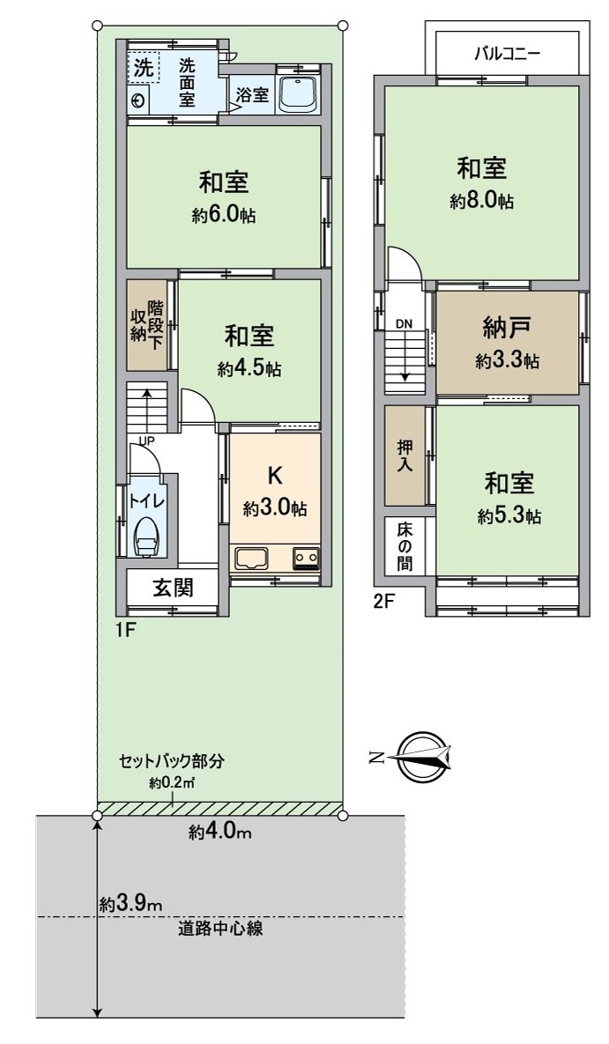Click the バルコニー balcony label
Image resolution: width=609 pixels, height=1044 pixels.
(507, 52)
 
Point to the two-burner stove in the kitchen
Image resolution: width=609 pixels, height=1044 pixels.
(306, 559)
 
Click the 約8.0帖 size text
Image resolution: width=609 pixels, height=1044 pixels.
(481, 201)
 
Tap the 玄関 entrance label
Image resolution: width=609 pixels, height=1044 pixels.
(173, 588)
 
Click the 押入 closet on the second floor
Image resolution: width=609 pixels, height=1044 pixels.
(405, 455)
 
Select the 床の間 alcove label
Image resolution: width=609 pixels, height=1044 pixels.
(405, 546)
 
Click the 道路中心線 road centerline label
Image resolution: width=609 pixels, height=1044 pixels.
(220, 928)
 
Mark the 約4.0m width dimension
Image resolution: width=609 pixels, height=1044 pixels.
(220, 832)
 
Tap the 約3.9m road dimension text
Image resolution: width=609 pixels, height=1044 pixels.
(131, 904)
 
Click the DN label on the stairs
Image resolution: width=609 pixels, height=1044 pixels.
(404, 324)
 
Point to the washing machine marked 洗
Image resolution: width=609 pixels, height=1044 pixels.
(143, 65)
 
